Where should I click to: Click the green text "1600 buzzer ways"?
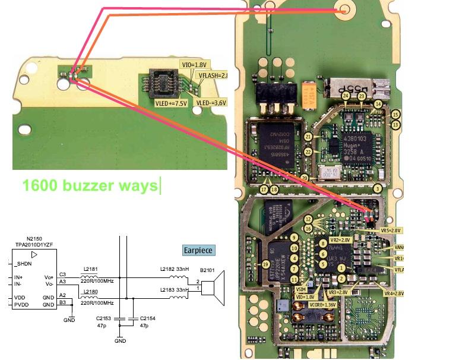click(90, 185)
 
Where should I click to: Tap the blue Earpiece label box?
click(198, 250)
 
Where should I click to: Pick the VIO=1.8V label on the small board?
click(194, 64)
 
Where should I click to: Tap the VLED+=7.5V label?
click(171, 102)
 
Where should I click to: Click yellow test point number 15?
click(395, 114)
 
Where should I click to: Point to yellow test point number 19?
click(266, 264)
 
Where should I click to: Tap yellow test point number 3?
click(377, 189)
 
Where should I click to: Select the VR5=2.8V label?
click(392, 230)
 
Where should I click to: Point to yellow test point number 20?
click(305, 178)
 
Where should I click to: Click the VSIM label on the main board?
click(301, 288)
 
